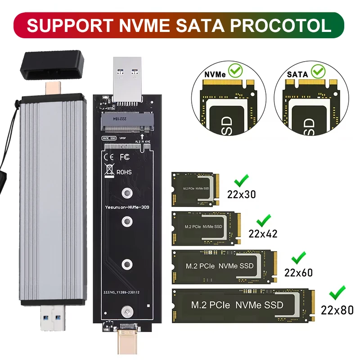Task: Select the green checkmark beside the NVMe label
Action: (x=235, y=71)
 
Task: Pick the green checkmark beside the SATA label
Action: (x=319, y=71)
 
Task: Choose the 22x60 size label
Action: (x=298, y=272)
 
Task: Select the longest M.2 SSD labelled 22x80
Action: (x=243, y=305)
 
